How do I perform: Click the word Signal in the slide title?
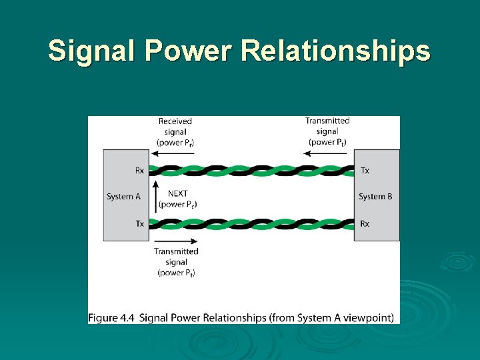pos(92,51)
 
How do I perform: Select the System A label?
pos(123,197)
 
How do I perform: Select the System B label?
pos(375,197)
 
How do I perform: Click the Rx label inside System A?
pos(139,171)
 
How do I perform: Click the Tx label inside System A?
pos(139,223)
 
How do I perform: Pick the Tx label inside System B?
pos(365,171)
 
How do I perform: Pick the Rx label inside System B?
pos(365,223)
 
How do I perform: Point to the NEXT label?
pos(177,194)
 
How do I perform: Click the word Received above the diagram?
pos(175,121)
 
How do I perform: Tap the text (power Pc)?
pos(177,205)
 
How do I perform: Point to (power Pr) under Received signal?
pos(175,143)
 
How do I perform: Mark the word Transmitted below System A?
pos(176,251)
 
